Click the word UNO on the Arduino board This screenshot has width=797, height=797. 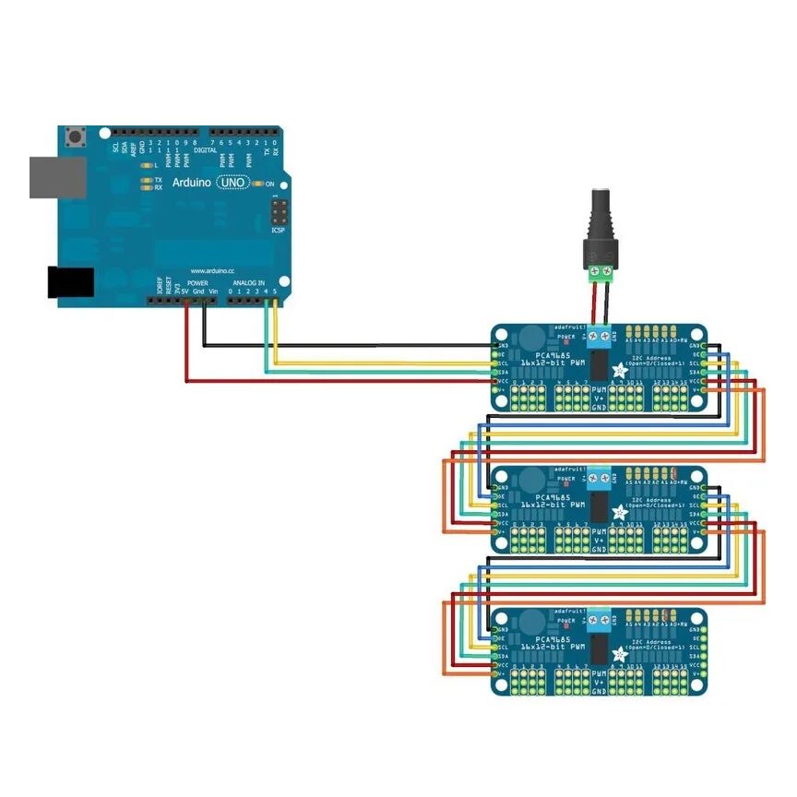click(234, 183)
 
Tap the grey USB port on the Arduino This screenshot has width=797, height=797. click(56, 176)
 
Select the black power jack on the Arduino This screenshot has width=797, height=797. click(71, 282)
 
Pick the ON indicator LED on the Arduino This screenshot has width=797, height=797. click(257, 184)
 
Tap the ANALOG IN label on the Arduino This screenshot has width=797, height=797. click(248, 282)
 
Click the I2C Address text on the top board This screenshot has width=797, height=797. click(650, 353)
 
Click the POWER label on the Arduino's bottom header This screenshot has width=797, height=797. click(197, 282)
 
